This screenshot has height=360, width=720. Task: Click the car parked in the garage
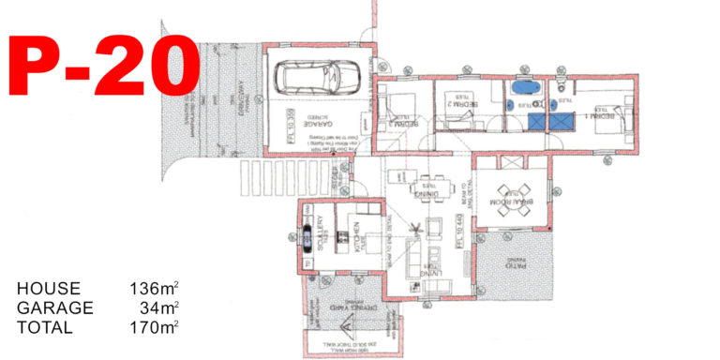click(318, 76)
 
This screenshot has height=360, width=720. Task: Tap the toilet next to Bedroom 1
click(560, 85)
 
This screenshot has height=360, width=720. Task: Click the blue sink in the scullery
click(307, 241)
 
